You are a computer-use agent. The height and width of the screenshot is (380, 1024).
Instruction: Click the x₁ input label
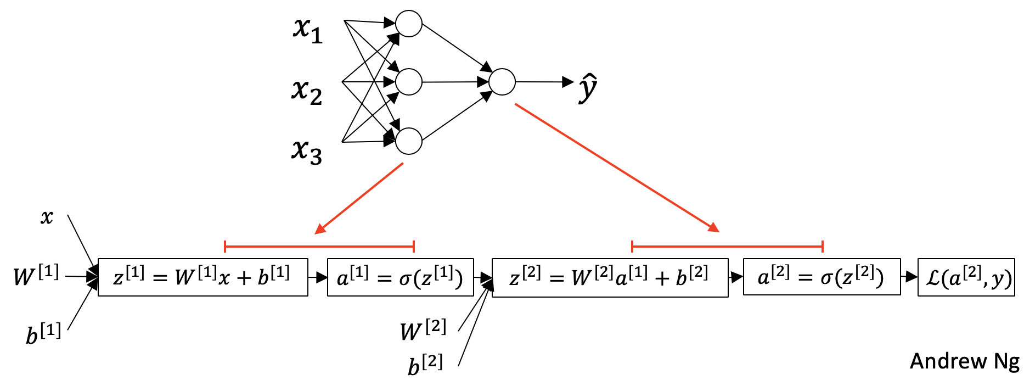pyautogui.click(x=307, y=30)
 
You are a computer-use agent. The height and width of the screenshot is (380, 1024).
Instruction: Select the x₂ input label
pyautogui.click(x=306, y=91)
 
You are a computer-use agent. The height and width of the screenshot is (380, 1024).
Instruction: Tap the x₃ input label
pyautogui.click(x=306, y=151)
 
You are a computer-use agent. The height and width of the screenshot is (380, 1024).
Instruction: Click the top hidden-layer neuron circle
pyautogui.click(x=409, y=24)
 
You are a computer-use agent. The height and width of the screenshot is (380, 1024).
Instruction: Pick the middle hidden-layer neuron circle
pyautogui.click(x=409, y=82)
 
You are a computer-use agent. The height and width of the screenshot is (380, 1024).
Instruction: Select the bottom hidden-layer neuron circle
pyautogui.click(x=409, y=141)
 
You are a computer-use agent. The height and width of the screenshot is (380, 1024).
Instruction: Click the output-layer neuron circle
pyautogui.click(x=502, y=82)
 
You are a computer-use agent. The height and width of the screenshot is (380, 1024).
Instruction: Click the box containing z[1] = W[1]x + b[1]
pyautogui.click(x=202, y=277)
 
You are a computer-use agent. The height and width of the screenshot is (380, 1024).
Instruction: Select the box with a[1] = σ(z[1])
pyautogui.click(x=400, y=277)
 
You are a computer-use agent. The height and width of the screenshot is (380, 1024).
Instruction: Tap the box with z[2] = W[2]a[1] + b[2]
pyautogui.click(x=610, y=278)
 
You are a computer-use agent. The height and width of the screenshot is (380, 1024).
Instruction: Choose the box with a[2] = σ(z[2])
pyautogui.click(x=822, y=277)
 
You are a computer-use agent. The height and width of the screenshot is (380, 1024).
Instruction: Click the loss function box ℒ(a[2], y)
pyautogui.click(x=966, y=277)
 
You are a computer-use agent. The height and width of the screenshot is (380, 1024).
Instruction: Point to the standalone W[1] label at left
pyautogui.click(x=36, y=275)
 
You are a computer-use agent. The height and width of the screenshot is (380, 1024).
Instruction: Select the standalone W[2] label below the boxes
pyautogui.click(x=423, y=329)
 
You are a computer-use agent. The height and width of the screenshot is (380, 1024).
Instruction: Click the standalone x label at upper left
pyautogui.click(x=47, y=217)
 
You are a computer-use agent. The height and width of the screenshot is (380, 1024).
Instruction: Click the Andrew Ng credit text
pyautogui.click(x=964, y=361)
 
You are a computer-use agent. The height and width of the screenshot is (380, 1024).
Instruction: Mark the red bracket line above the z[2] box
pyautogui.click(x=727, y=247)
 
